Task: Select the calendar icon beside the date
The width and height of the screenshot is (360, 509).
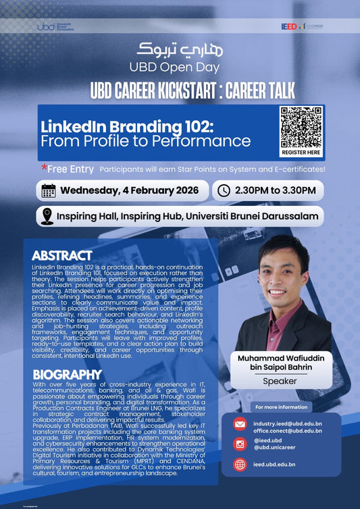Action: (x=49, y=190)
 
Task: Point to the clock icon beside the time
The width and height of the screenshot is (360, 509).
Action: (x=224, y=190)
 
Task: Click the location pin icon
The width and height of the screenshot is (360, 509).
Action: (x=47, y=217)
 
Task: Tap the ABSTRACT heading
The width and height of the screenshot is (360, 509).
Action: (x=61, y=256)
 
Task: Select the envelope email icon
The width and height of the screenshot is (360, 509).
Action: (x=240, y=425)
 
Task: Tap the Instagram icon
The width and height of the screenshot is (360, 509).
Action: (x=240, y=444)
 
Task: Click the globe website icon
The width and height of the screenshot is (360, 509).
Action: (x=240, y=464)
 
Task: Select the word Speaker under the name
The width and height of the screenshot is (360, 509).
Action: (x=282, y=381)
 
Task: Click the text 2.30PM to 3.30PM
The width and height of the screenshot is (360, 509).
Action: (x=274, y=190)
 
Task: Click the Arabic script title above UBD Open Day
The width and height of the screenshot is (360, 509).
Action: (x=179, y=49)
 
